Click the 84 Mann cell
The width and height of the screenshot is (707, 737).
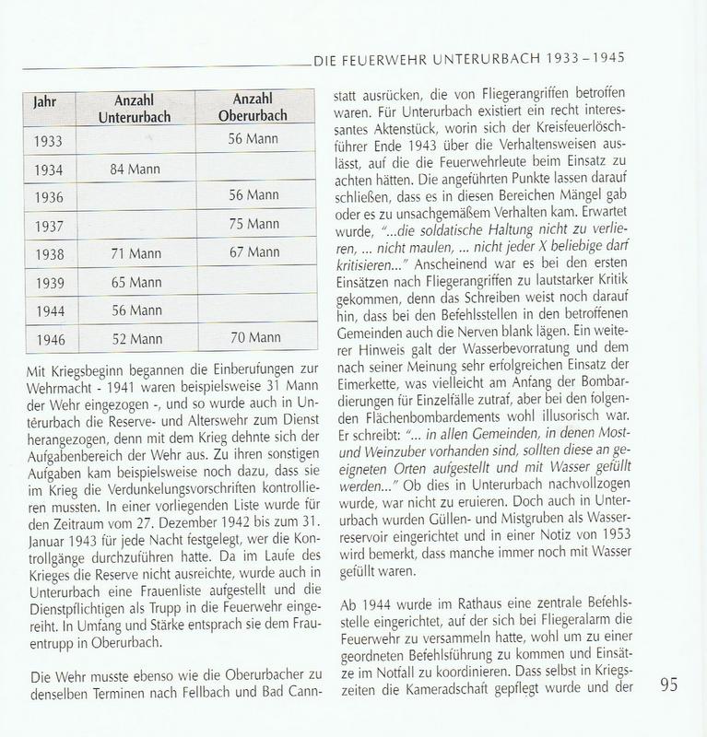(136, 169)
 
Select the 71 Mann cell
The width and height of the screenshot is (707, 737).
(136, 252)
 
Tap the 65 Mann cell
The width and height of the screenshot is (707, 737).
(136, 281)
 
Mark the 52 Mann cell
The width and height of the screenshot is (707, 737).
(136, 338)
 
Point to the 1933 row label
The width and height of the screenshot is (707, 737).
(49, 143)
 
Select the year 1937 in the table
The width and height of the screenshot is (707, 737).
(49, 227)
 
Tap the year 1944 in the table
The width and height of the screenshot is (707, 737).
(49, 311)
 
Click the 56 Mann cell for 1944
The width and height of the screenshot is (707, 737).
(136, 310)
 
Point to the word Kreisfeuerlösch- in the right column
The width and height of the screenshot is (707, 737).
(571, 121)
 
